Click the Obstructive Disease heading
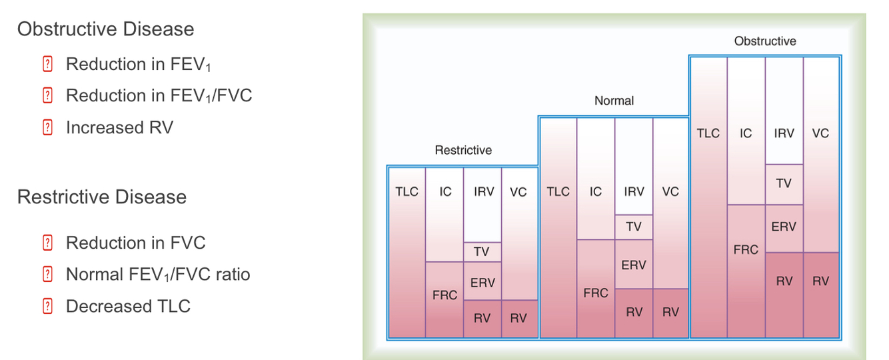pos(105,29)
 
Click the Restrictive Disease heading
pos(102,197)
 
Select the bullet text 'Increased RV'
pos(119,127)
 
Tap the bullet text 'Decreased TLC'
pos(128,306)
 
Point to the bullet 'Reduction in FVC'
pos(135,243)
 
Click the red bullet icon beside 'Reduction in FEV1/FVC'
pos(47,96)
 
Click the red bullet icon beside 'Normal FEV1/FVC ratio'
pos(47,275)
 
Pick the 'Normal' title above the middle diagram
pos(614,101)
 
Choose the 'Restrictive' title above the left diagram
pos(463,150)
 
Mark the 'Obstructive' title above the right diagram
pos(764,41)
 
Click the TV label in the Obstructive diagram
pos(784,183)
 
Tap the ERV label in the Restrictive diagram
pos(482,283)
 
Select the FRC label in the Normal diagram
pos(595,293)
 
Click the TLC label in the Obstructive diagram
pos(708,133)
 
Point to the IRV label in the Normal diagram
pos(633,192)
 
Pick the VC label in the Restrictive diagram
pos(518,192)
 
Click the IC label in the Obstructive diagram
pos(746,133)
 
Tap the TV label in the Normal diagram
pos(633,227)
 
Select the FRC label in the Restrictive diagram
pos(444,295)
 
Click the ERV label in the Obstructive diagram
pos(784,227)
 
